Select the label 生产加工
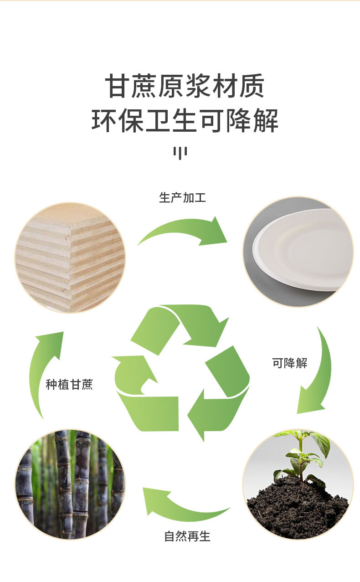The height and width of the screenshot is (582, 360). pos(182,198)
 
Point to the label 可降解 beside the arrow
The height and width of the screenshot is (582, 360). pos(290,363)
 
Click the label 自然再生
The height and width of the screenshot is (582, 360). pos(187,536)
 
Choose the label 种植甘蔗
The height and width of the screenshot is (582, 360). pos(69,385)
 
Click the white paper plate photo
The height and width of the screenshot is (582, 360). pos(298,252)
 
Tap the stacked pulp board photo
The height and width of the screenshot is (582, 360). pos(70,258)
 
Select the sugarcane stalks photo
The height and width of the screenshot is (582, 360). pos(70,484)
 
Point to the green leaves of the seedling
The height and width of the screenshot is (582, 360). pos(303,451)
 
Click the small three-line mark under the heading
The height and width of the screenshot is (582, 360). pos(180,152)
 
